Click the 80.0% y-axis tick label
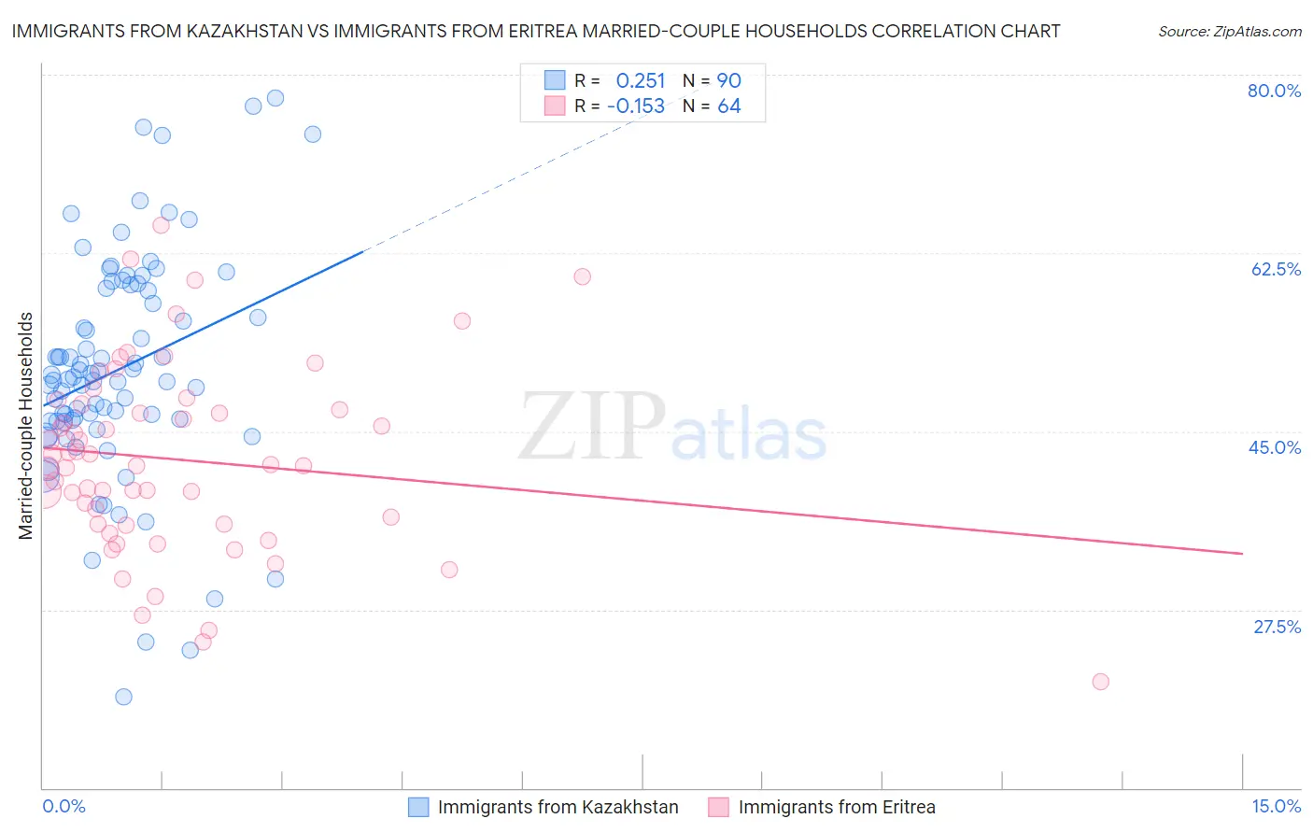point(1274,91)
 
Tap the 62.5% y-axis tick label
point(1276,269)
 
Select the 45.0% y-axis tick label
point(1275,447)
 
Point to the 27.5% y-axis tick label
point(1277,627)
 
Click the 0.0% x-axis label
point(64,806)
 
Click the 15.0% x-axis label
point(1276,806)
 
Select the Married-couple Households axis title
point(26,426)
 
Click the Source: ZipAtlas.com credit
point(1229,31)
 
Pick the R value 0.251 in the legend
point(640,80)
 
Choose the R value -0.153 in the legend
point(636,106)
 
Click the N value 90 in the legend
point(728,80)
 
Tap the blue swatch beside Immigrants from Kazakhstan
point(418,807)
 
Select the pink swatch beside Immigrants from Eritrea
point(718,807)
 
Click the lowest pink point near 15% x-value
point(1100,682)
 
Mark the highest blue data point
point(275,98)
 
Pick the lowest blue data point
point(123,697)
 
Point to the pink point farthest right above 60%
point(582,276)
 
